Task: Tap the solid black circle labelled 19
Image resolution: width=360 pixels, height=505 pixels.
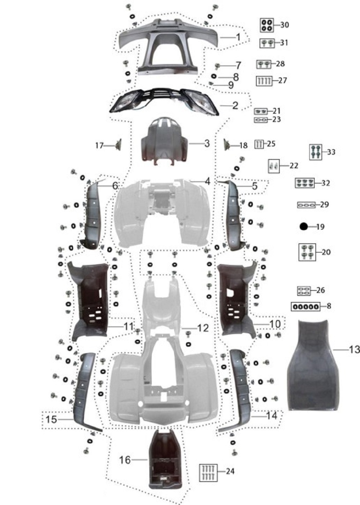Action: pyautogui.click(x=304, y=226)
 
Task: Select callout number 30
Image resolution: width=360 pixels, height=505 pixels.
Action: pyautogui.click(x=284, y=25)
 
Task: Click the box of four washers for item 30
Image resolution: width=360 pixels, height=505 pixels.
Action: pyautogui.click(x=267, y=25)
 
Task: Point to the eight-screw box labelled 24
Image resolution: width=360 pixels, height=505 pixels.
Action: pyautogui.click(x=208, y=473)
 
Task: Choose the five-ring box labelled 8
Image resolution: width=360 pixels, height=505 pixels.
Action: pyautogui.click(x=305, y=306)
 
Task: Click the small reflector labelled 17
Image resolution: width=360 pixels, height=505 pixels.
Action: pyautogui.click(x=117, y=145)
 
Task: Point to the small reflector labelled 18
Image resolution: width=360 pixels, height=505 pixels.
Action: pyautogui.click(x=227, y=145)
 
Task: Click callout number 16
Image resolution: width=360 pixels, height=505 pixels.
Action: pyautogui.click(x=125, y=460)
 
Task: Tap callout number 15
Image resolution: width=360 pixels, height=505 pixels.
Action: pyautogui.click(x=51, y=419)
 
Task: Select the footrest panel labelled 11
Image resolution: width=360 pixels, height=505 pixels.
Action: pyautogui.click(x=90, y=299)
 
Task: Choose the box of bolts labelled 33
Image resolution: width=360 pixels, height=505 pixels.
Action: pyautogui.click(x=315, y=152)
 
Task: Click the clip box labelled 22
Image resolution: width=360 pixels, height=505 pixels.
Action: pyautogui.click(x=274, y=166)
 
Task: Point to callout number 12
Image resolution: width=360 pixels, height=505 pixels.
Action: pyautogui.click(x=203, y=328)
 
